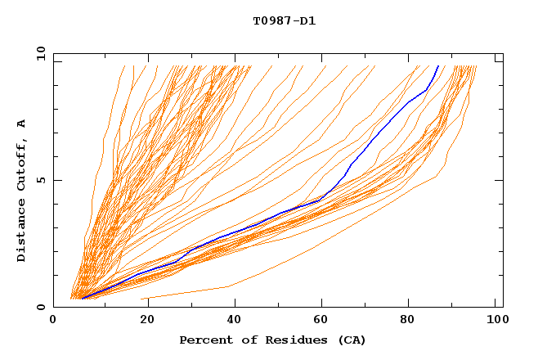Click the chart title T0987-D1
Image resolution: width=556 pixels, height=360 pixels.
284,20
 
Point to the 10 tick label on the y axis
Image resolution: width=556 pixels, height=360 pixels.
39,53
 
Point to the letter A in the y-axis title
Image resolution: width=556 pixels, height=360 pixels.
21,124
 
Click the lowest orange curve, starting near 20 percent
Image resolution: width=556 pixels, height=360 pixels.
188,291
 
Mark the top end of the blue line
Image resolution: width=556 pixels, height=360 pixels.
438,66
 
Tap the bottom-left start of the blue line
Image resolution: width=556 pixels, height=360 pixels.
82,299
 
